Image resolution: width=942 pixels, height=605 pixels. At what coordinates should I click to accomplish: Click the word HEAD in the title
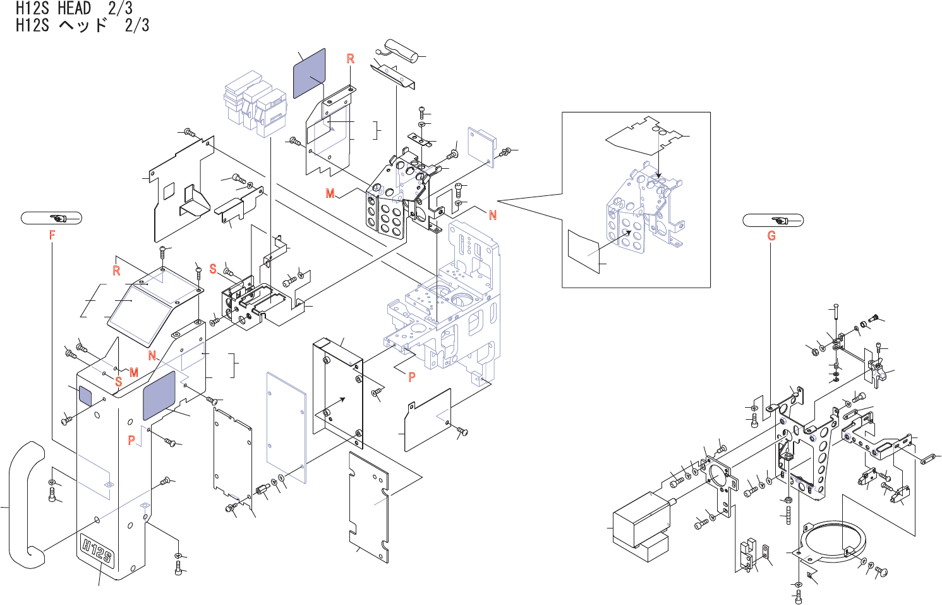[74, 8]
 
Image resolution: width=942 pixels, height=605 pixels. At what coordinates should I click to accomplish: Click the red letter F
[52, 235]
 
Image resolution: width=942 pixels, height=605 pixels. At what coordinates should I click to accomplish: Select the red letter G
[771, 236]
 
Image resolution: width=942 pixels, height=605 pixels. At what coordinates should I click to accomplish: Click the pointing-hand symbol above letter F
[59, 219]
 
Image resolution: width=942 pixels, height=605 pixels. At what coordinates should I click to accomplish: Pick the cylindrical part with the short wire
[402, 51]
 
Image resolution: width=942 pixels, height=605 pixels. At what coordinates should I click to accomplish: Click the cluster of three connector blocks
[255, 103]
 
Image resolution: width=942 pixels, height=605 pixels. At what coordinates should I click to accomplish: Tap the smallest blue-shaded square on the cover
[85, 395]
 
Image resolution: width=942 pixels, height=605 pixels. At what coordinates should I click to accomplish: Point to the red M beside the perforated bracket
[330, 193]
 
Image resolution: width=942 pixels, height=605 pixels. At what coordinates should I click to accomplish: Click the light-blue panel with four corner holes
[286, 428]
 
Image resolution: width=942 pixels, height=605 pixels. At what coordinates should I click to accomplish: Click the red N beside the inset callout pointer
[493, 216]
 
